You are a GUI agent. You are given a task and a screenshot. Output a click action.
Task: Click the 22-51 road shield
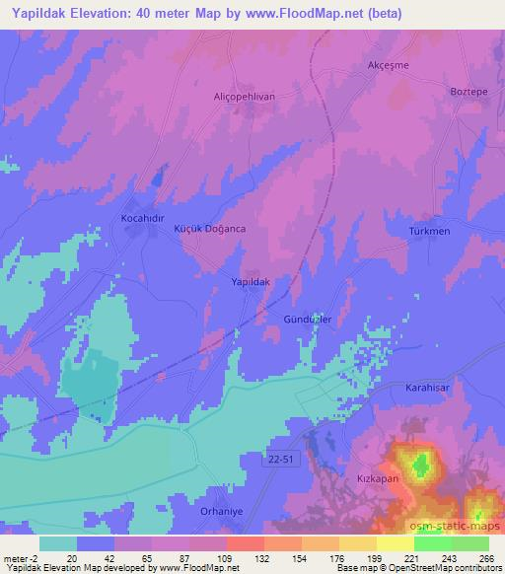pyautogui.click(x=281, y=457)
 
